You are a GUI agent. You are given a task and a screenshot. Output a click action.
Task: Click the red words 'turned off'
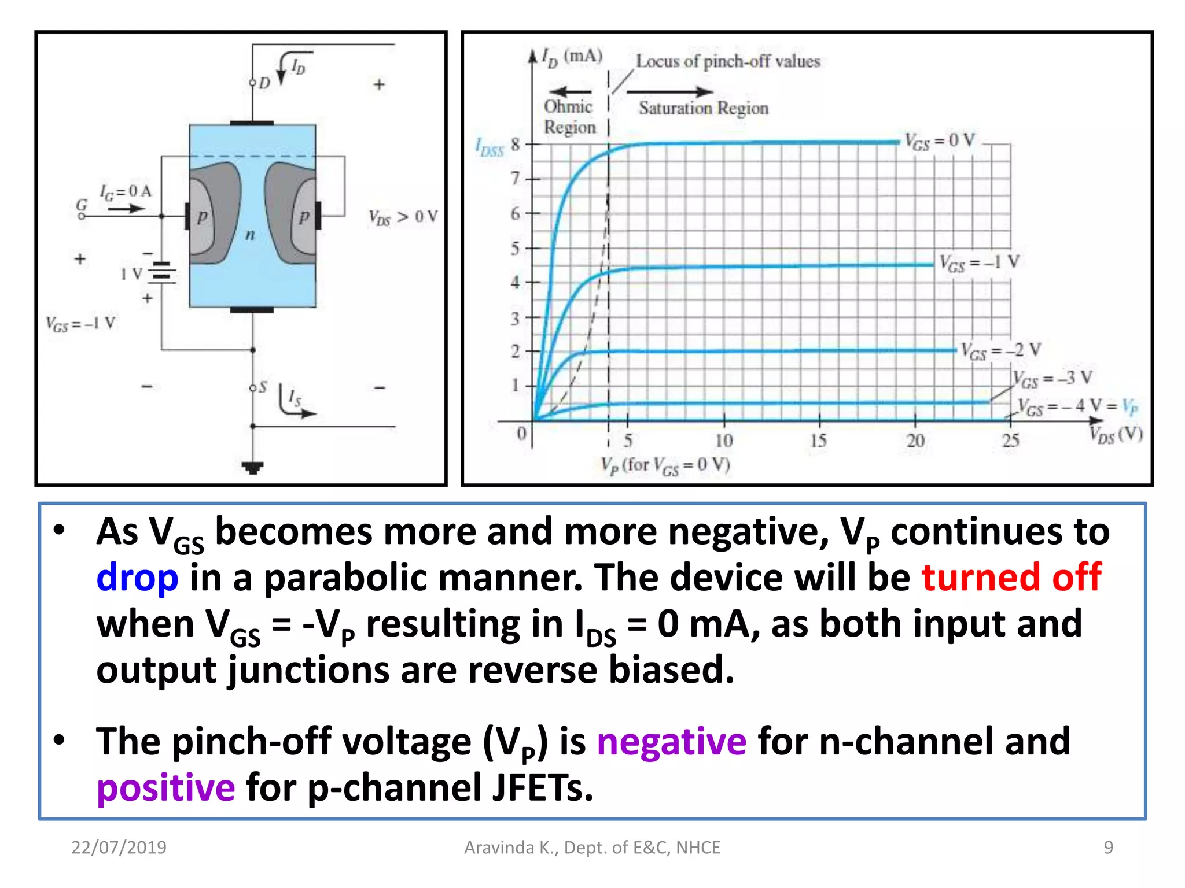click(1011, 577)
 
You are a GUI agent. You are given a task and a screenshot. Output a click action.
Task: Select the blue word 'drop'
click(137, 578)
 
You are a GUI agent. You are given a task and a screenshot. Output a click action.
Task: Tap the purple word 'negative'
click(671, 742)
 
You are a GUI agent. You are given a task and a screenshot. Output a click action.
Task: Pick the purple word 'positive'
click(166, 788)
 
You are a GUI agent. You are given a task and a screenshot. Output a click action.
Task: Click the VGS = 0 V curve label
click(939, 141)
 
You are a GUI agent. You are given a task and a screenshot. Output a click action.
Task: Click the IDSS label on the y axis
click(490, 147)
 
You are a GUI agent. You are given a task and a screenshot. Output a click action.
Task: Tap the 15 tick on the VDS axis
click(818, 441)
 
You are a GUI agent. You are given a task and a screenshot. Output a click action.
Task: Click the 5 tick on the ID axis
click(515, 249)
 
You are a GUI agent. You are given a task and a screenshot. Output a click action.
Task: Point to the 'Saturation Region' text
click(703, 108)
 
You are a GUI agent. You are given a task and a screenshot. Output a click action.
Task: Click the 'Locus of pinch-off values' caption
click(728, 61)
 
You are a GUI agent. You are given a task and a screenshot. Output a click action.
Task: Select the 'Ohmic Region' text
click(569, 117)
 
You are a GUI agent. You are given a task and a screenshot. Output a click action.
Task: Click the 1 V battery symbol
click(161, 273)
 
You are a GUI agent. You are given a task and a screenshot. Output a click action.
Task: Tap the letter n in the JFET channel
click(250, 235)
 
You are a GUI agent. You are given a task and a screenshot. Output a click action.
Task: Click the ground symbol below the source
click(253, 467)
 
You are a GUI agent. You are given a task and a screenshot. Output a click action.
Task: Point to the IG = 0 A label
click(126, 191)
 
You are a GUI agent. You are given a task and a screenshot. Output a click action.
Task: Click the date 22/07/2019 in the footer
click(119, 848)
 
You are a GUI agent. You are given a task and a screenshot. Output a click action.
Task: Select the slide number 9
click(1108, 848)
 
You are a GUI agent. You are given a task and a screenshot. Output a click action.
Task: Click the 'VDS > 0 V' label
click(403, 217)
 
